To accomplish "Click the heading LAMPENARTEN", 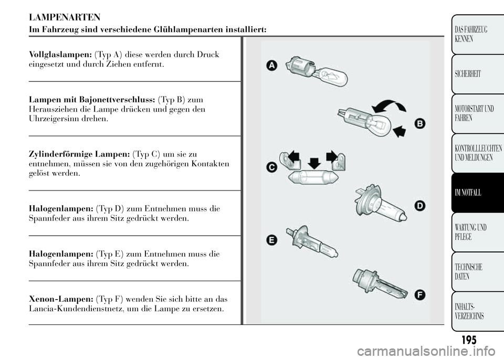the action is tap(65, 17).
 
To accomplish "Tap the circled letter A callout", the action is tap(271, 66).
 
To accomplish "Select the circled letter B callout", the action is tap(420, 124).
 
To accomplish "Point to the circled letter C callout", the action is tap(272, 167).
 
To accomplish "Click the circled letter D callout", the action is tap(420, 206).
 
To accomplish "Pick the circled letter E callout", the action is tap(272, 240).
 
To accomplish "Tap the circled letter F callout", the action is tap(420, 295).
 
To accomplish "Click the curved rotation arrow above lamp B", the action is tap(388, 107).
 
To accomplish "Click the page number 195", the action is tap(469, 340).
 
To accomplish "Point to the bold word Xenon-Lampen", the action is tap(61, 299).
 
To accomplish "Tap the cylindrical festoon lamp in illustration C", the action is tap(313, 177).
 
